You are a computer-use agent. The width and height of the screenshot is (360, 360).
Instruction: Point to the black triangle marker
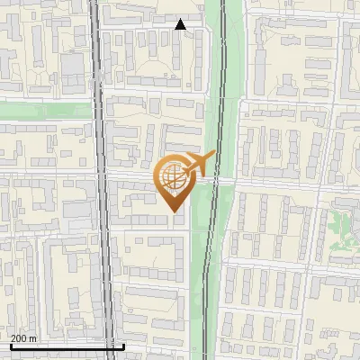(181, 24)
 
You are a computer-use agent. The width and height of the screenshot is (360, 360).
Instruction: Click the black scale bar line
(67, 346)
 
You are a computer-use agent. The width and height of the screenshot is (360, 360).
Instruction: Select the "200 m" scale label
(23, 337)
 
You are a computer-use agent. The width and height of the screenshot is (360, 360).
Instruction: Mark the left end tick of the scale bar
(10, 344)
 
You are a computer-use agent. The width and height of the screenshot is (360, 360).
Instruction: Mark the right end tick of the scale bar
(123, 344)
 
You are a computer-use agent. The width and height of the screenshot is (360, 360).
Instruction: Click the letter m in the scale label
(32, 337)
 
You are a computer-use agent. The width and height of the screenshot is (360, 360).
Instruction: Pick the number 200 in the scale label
(19, 337)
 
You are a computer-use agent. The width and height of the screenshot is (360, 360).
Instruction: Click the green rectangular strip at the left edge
(45, 110)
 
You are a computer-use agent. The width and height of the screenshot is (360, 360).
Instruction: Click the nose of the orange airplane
(215, 155)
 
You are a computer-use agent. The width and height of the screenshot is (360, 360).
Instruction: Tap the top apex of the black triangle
(181, 19)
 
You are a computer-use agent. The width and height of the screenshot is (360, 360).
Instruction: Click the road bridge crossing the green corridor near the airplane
(221, 179)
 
